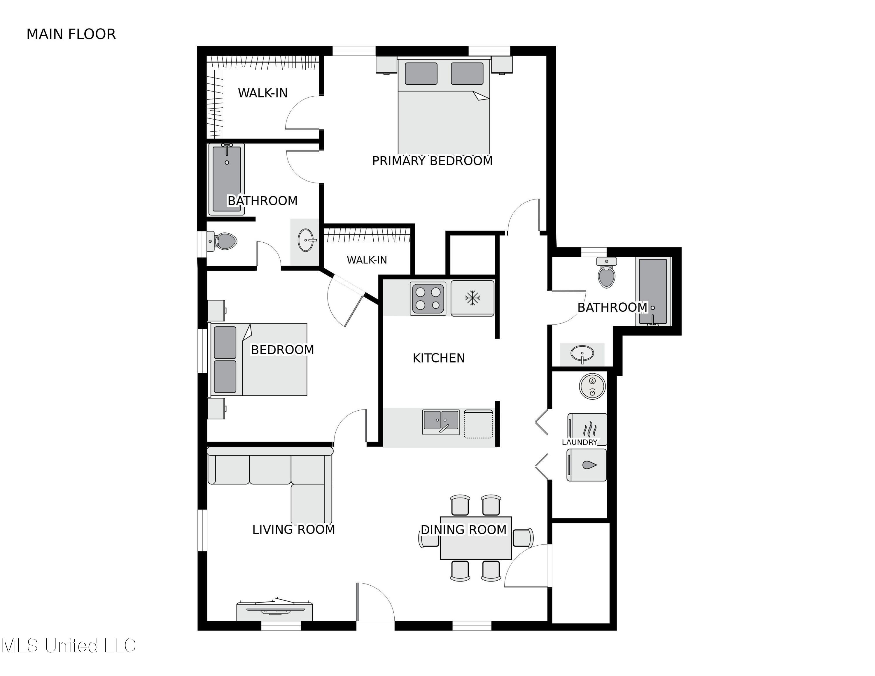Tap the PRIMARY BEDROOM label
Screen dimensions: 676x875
pyautogui.click(x=432, y=161)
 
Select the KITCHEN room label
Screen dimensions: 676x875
pyautogui.click(x=439, y=358)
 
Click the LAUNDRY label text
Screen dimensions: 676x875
pyautogui.click(x=579, y=442)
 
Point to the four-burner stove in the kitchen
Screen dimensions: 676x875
pyautogui.click(x=428, y=299)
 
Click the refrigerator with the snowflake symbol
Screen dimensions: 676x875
pyautogui.click(x=473, y=298)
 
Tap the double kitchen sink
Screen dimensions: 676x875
pyautogui.click(x=441, y=422)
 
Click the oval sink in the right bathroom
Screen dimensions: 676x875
pyautogui.click(x=582, y=354)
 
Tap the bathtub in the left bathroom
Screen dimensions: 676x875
pyautogui.click(x=226, y=179)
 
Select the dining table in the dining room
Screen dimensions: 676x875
pyautogui.click(x=475, y=538)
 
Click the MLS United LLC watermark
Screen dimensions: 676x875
pyautogui.click(x=69, y=646)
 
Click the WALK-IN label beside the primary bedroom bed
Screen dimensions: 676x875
pyautogui.click(x=263, y=93)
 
